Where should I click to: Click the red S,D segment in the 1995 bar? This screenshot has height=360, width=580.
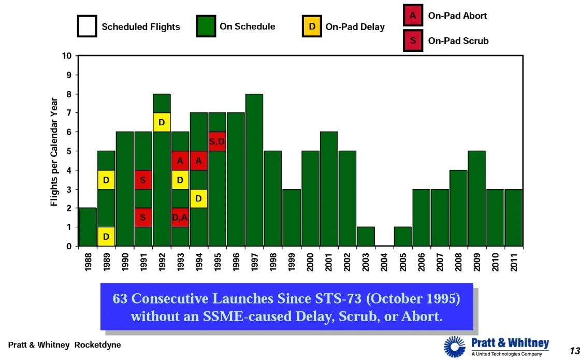217,141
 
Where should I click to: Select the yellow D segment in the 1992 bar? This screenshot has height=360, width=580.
162,122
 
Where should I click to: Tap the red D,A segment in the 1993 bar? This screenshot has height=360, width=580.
180,218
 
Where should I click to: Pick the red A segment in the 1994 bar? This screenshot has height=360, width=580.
199,161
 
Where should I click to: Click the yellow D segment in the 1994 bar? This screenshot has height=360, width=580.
199,198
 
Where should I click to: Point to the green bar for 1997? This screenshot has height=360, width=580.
254,171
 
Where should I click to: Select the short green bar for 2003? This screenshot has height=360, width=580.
366,237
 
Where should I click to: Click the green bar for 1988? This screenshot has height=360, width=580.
88,227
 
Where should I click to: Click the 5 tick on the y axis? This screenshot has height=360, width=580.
68,151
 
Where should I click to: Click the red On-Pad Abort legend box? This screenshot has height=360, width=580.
413,16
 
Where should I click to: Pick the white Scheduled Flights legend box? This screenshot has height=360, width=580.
87,26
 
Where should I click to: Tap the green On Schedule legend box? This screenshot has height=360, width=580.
206,26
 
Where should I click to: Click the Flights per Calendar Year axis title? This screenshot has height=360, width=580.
54,151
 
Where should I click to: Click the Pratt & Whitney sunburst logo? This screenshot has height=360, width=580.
455,347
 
